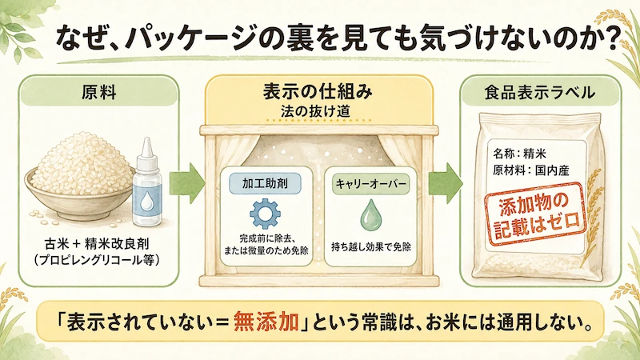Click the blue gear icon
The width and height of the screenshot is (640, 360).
pos(265,213)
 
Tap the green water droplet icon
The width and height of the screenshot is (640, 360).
pos(370,214)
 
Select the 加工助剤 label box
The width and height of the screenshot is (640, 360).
pos(266,183)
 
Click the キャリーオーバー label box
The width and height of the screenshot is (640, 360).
pos(370,184)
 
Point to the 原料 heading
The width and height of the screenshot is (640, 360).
pos(98,93)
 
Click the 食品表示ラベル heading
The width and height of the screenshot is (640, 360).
pos(539,93)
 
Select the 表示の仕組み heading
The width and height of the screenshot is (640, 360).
pos(318,91)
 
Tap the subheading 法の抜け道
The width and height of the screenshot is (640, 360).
pos(315,111)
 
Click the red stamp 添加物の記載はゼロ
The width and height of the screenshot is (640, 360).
pos(536,214)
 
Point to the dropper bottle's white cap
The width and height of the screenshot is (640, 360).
pos(146,154)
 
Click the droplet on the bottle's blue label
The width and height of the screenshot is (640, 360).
pos(146,202)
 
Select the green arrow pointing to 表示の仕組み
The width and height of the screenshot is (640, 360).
pos(187,183)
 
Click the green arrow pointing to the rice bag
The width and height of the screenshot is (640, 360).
pos(446,183)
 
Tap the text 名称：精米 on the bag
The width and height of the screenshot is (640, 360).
pos(519,154)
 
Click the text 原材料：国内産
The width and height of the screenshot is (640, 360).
pos(531,170)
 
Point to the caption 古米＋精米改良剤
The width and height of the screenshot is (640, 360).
pos(97,244)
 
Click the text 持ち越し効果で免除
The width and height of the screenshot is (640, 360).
pos(370,247)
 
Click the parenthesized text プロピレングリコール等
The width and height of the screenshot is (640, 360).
pos(97,260)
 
